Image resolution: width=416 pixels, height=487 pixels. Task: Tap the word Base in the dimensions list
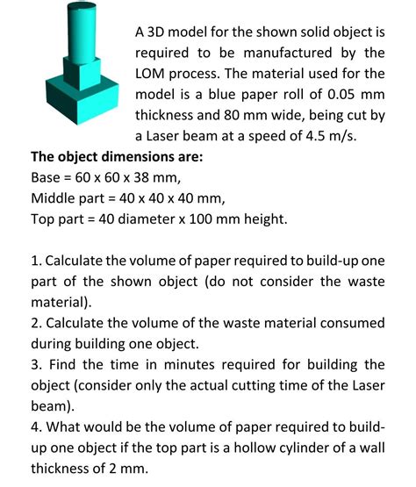[47, 178]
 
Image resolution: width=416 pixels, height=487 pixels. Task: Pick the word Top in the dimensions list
[43, 220]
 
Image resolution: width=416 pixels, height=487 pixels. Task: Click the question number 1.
[34, 262]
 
